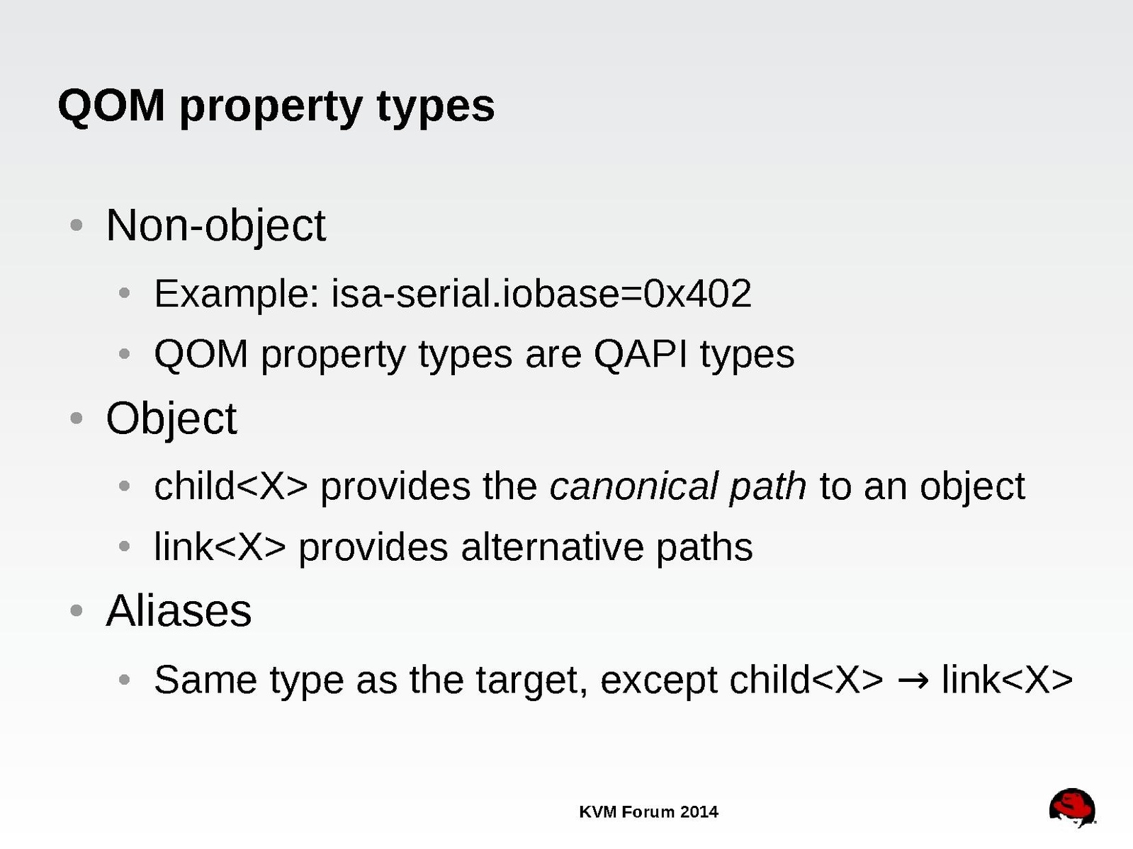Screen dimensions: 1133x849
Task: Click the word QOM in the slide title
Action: (111, 106)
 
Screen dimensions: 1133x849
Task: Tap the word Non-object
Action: (216, 226)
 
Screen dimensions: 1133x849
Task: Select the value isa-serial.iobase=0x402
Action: (541, 293)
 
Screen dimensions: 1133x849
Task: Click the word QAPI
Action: (641, 355)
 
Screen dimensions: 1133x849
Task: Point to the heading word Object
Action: (171, 418)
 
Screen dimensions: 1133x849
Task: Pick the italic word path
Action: (767, 487)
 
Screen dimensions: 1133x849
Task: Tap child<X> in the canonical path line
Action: (231, 486)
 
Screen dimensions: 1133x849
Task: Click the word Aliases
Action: (179, 610)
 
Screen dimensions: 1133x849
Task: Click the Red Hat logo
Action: (1072, 808)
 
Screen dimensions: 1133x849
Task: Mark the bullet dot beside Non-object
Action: (77, 225)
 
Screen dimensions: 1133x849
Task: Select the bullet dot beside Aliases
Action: (77, 610)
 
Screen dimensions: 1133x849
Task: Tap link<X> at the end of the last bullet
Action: (1007, 680)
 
